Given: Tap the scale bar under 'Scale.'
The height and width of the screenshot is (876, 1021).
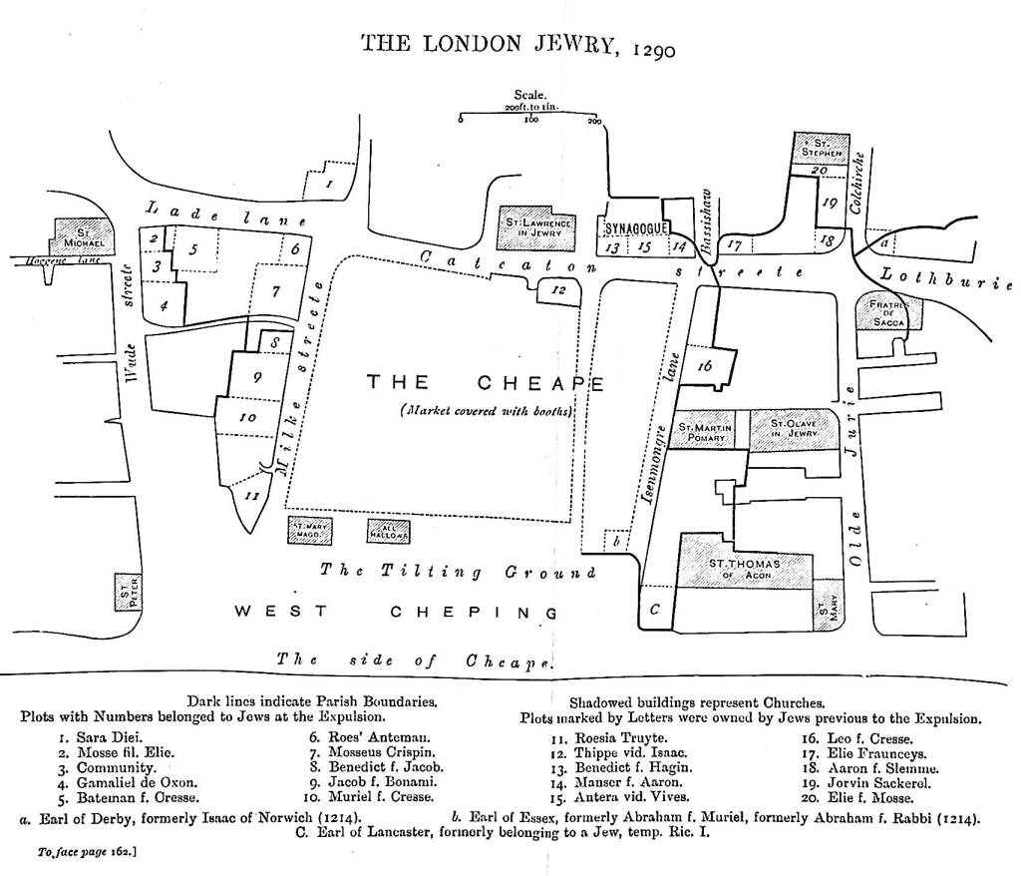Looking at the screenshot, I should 528,118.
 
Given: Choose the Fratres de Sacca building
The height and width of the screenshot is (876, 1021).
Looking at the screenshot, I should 889,311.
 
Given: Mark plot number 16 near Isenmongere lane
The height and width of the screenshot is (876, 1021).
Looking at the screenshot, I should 707,366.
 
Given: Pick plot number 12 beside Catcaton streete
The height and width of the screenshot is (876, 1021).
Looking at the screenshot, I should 560,290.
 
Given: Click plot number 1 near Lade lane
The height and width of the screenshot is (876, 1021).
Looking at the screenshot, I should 328,184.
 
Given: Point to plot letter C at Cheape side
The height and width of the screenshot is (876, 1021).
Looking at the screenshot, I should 654,608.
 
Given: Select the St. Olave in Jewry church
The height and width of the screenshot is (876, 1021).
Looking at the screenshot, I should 795,430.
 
